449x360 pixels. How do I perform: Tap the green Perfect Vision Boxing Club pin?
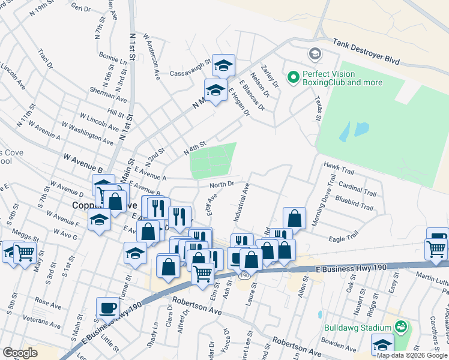tap(294, 77)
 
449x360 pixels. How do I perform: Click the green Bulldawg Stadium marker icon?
tap(401, 328)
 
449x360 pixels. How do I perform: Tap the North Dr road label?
tap(221, 184)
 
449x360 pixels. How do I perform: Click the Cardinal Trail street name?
tap(357, 190)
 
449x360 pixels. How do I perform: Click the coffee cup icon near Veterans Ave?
tap(108, 308)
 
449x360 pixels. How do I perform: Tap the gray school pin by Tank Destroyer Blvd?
tap(315, 55)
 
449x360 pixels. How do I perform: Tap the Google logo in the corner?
tap(20, 352)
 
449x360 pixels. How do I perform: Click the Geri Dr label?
tap(80, 8)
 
